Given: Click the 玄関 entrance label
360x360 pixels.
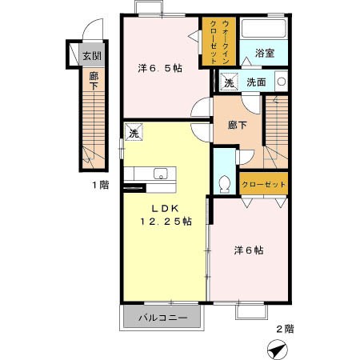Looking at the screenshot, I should [x=90, y=57].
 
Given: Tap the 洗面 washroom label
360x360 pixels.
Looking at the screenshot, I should [x=256, y=82].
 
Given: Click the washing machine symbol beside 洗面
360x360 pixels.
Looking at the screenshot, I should [x=230, y=82].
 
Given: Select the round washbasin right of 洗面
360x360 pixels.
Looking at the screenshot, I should [x=281, y=81].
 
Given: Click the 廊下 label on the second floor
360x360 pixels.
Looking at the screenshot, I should [x=237, y=126].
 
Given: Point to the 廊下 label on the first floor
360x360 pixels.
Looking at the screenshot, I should [x=94, y=82].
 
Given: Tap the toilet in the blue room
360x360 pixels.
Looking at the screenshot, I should [x=224, y=182].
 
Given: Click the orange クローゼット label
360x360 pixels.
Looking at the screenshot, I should [x=264, y=184].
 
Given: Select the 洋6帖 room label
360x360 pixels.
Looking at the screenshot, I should [x=249, y=250].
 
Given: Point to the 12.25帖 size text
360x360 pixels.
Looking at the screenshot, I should [x=166, y=222].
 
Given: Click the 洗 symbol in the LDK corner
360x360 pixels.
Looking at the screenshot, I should [x=134, y=133].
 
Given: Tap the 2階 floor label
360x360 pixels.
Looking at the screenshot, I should [x=285, y=327].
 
